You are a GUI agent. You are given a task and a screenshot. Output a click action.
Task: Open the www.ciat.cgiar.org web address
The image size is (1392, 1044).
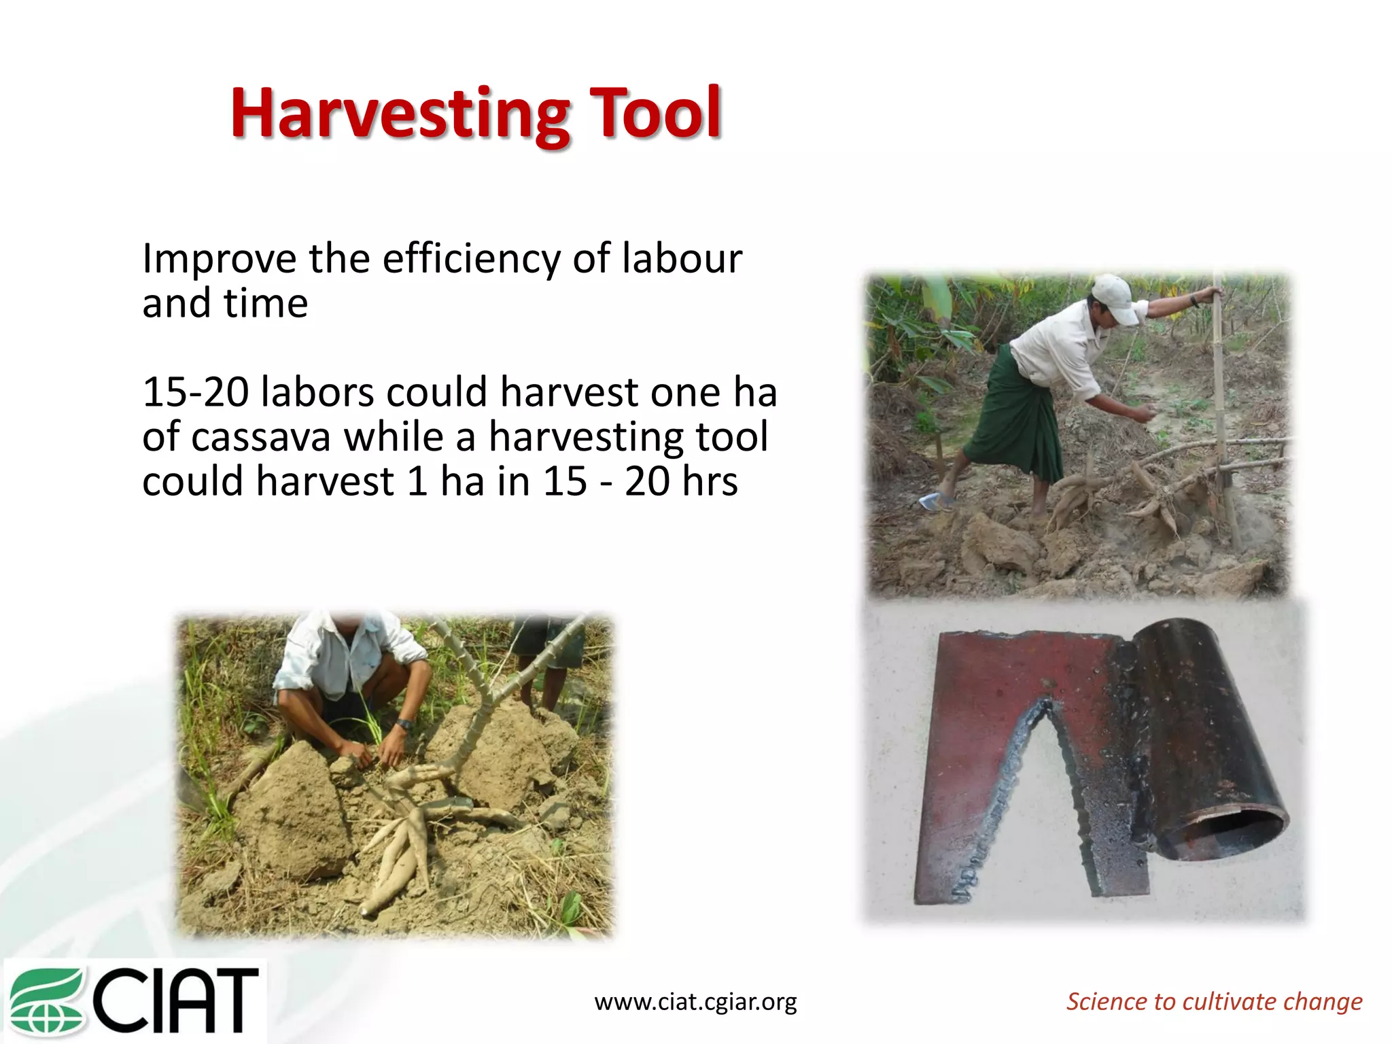point(695,1002)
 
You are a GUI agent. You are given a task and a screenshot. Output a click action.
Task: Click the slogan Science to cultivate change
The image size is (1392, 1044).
point(1214,1002)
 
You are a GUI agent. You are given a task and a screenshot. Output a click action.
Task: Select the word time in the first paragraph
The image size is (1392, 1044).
point(266,304)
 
